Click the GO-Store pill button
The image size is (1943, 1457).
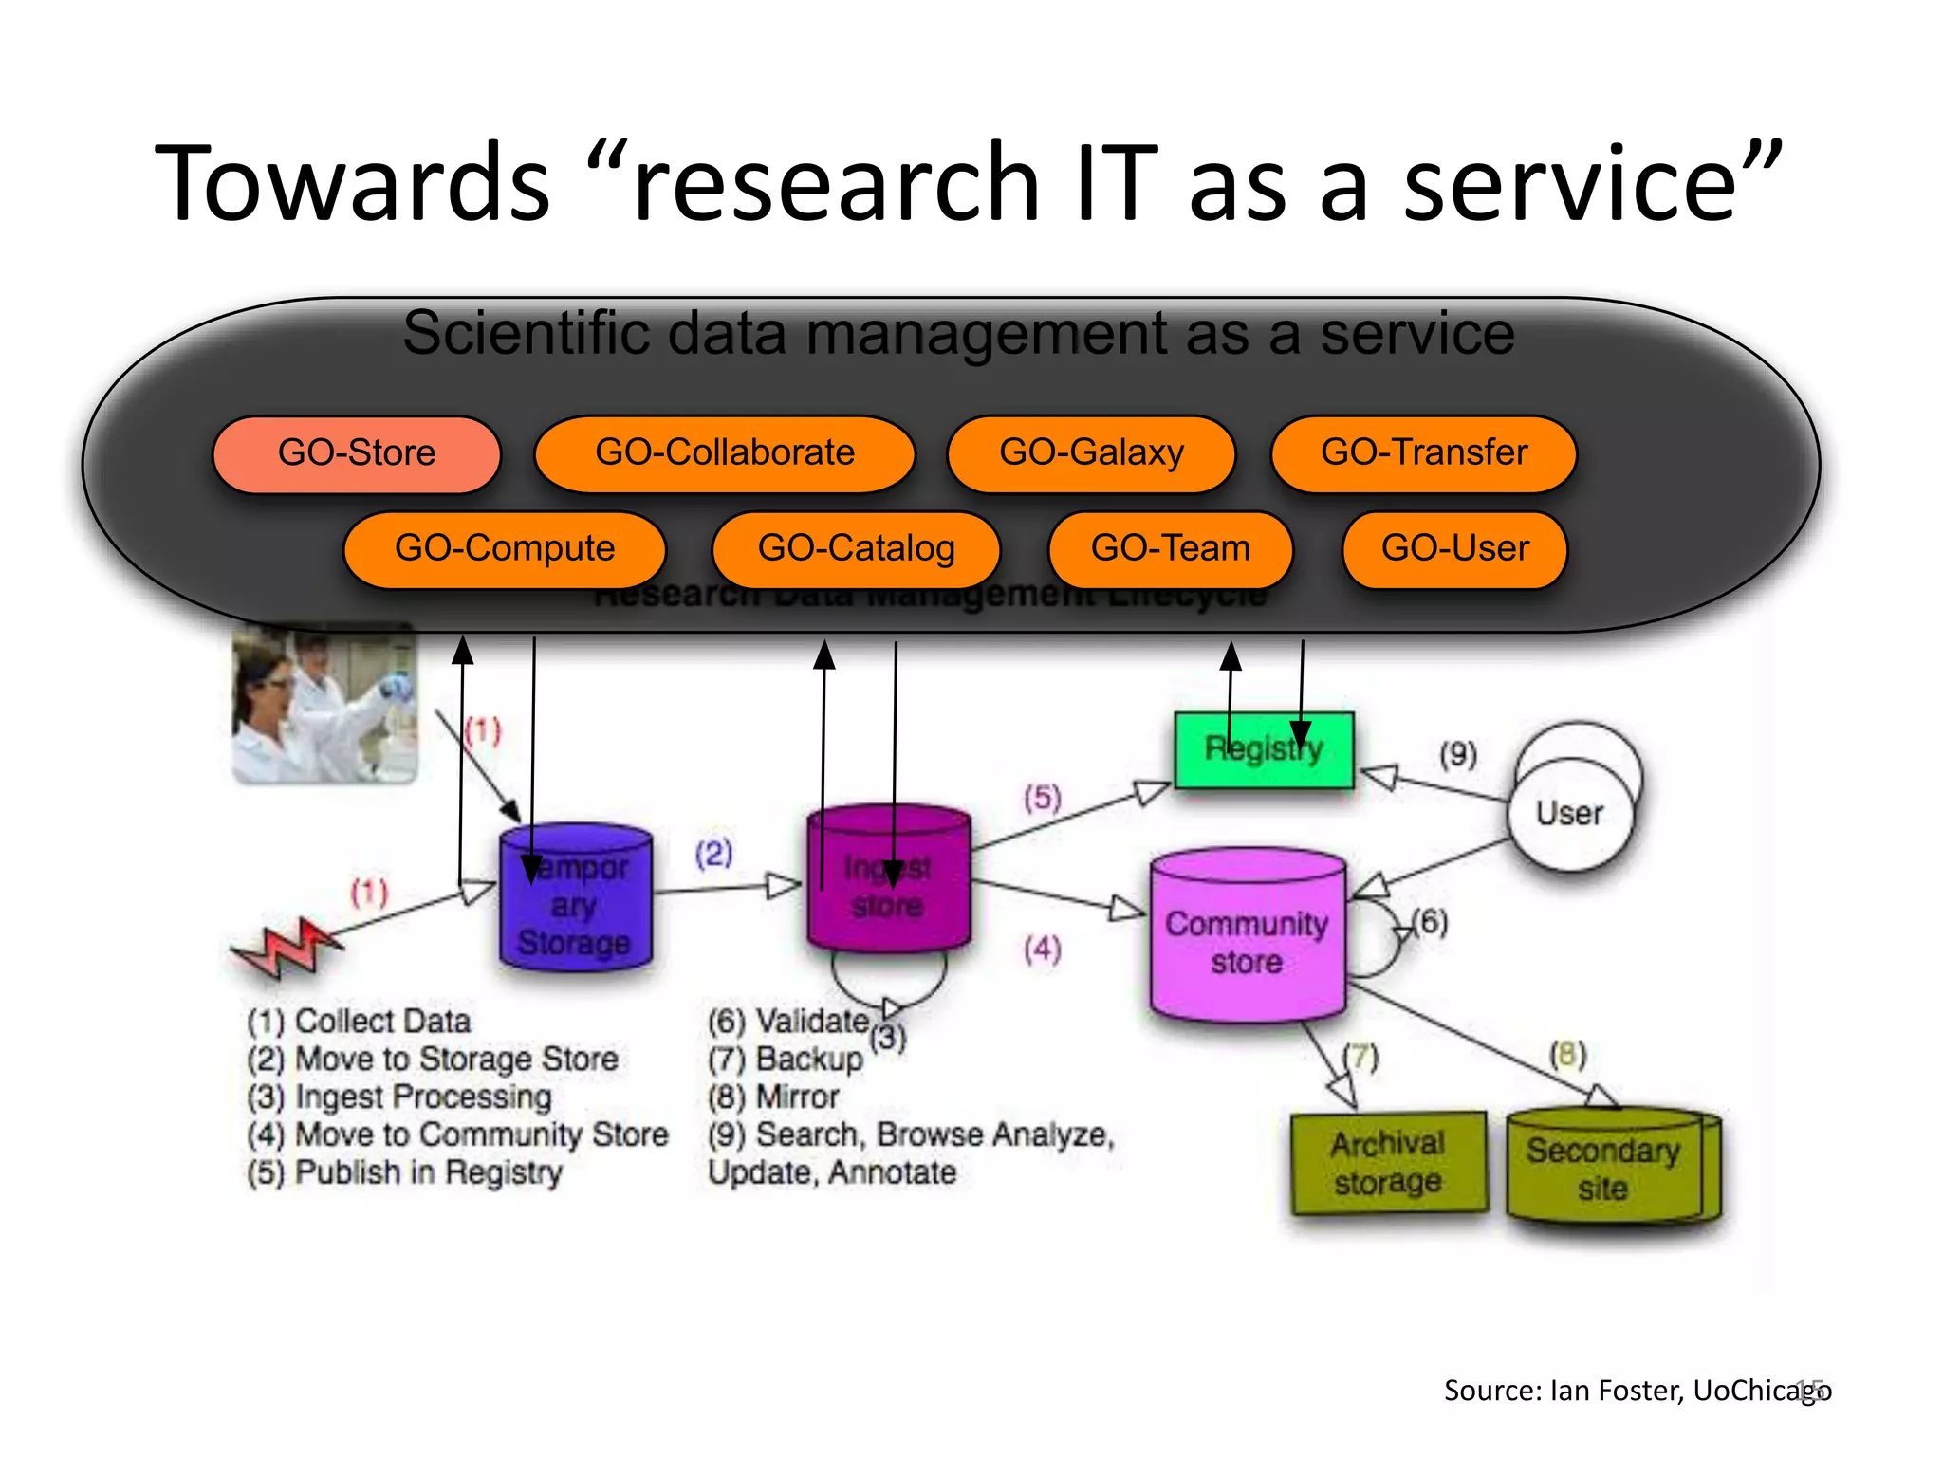(357, 453)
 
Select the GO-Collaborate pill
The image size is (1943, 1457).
(724, 453)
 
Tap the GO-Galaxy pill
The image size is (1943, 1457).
(1091, 453)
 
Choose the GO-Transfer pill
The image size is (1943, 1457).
(1423, 453)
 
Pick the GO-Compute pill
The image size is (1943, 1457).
(505, 549)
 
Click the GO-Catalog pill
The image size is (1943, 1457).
(856, 549)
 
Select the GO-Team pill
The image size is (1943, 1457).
(1170, 549)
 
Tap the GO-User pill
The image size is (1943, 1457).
(1454, 549)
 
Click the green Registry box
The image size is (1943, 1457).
(1264, 749)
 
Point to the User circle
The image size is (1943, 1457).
(1570, 813)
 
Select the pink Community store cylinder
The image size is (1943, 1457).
(1247, 939)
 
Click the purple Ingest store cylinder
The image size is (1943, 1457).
(888, 882)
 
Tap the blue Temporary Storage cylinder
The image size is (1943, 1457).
(575, 901)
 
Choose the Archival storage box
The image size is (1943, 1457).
(1387, 1163)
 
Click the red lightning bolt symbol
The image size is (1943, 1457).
(285, 947)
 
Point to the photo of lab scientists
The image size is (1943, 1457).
(324, 704)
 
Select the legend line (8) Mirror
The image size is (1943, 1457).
(773, 1097)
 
